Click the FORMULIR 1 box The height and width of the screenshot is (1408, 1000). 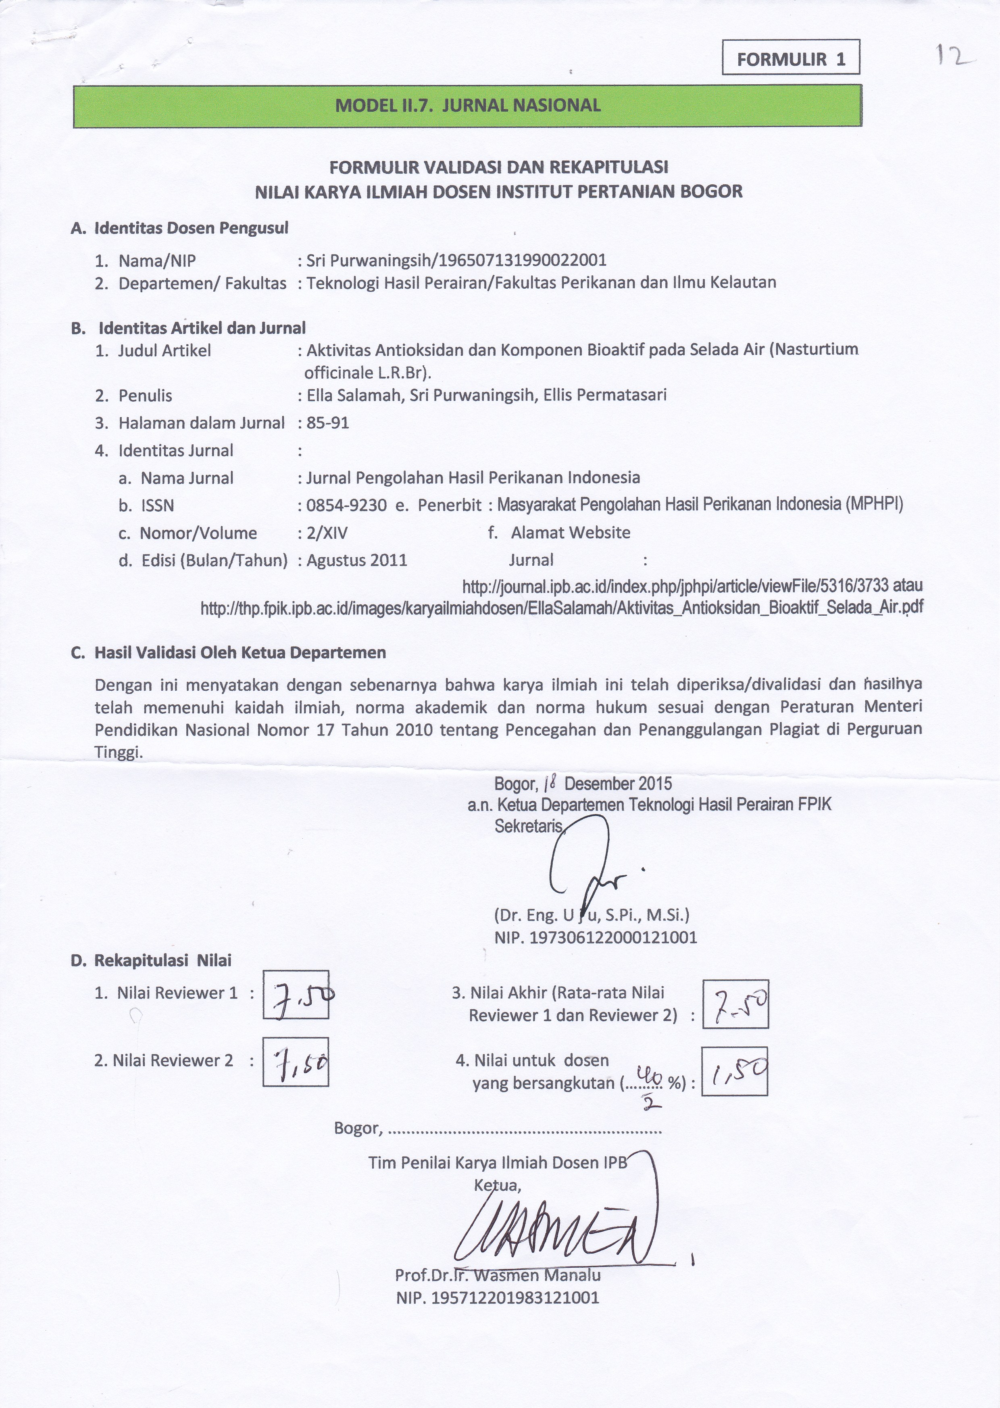(791, 58)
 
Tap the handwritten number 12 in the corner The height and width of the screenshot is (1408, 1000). (954, 56)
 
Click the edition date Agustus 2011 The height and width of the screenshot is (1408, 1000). (356, 560)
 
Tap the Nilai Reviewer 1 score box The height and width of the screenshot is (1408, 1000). (296, 995)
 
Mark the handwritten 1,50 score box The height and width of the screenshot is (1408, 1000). (735, 1072)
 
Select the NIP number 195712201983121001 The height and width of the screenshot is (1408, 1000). (498, 1298)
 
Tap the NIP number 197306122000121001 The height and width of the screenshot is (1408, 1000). (596, 937)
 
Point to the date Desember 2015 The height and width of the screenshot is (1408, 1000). (618, 784)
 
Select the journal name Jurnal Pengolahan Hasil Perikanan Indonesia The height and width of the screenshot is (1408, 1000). (473, 478)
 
